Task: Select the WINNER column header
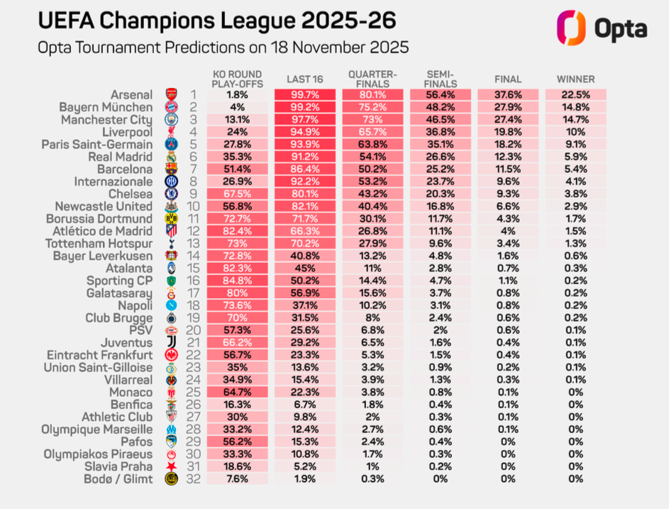[x=575, y=79]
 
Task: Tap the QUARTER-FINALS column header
[x=372, y=79]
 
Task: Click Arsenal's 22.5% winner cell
[x=575, y=94]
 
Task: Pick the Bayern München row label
[x=106, y=107]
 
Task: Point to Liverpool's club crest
[x=171, y=133]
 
